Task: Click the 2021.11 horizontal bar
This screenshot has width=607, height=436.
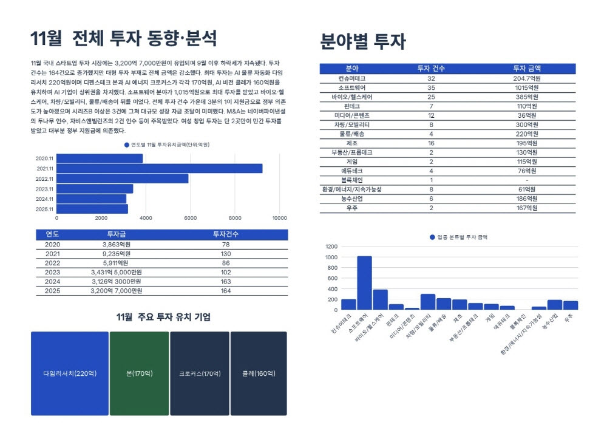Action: tap(160, 169)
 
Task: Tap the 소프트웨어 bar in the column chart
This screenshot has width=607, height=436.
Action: tap(364, 282)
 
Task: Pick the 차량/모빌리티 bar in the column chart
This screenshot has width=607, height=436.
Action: tap(428, 302)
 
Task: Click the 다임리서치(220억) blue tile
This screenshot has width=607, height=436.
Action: tap(70, 373)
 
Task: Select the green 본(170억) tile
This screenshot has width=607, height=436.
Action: tap(139, 373)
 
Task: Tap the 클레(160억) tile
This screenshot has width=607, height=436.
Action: tap(258, 373)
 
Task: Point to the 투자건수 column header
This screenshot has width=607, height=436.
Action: tap(226, 234)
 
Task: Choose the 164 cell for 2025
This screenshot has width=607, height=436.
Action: tap(226, 291)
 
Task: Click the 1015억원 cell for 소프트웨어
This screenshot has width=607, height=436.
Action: tap(526, 87)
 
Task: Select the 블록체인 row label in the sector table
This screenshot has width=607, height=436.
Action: tap(352, 180)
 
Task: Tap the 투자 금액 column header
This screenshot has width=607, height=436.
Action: tap(526, 69)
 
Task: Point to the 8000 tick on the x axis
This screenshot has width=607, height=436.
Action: tap(235, 218)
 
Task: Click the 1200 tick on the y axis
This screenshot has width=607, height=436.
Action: tap(331, 247)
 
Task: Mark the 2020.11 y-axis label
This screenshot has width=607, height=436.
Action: tap(45, 158)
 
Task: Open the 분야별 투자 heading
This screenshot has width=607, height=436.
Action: tap(362, 41)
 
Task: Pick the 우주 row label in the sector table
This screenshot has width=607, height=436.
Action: tap(352, 208)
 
